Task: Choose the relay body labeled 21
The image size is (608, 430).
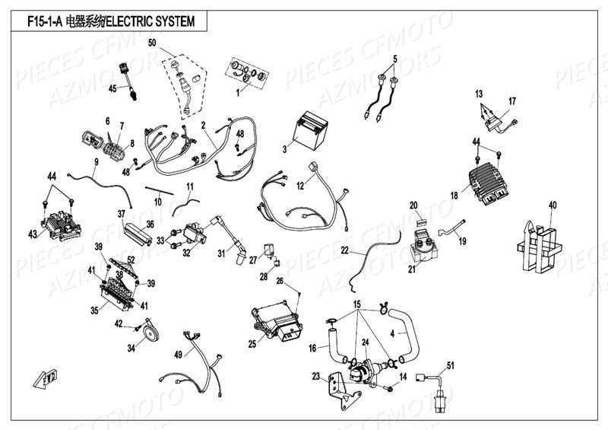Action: pyautogui.click(x=422, y=244)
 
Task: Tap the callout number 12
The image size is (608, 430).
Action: pyautogui.click(x=301, y=185)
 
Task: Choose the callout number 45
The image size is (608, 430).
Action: pyautogui.click(x=112, y=89)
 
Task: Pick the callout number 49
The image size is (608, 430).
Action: pyautogui.click(x=178, y=355)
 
